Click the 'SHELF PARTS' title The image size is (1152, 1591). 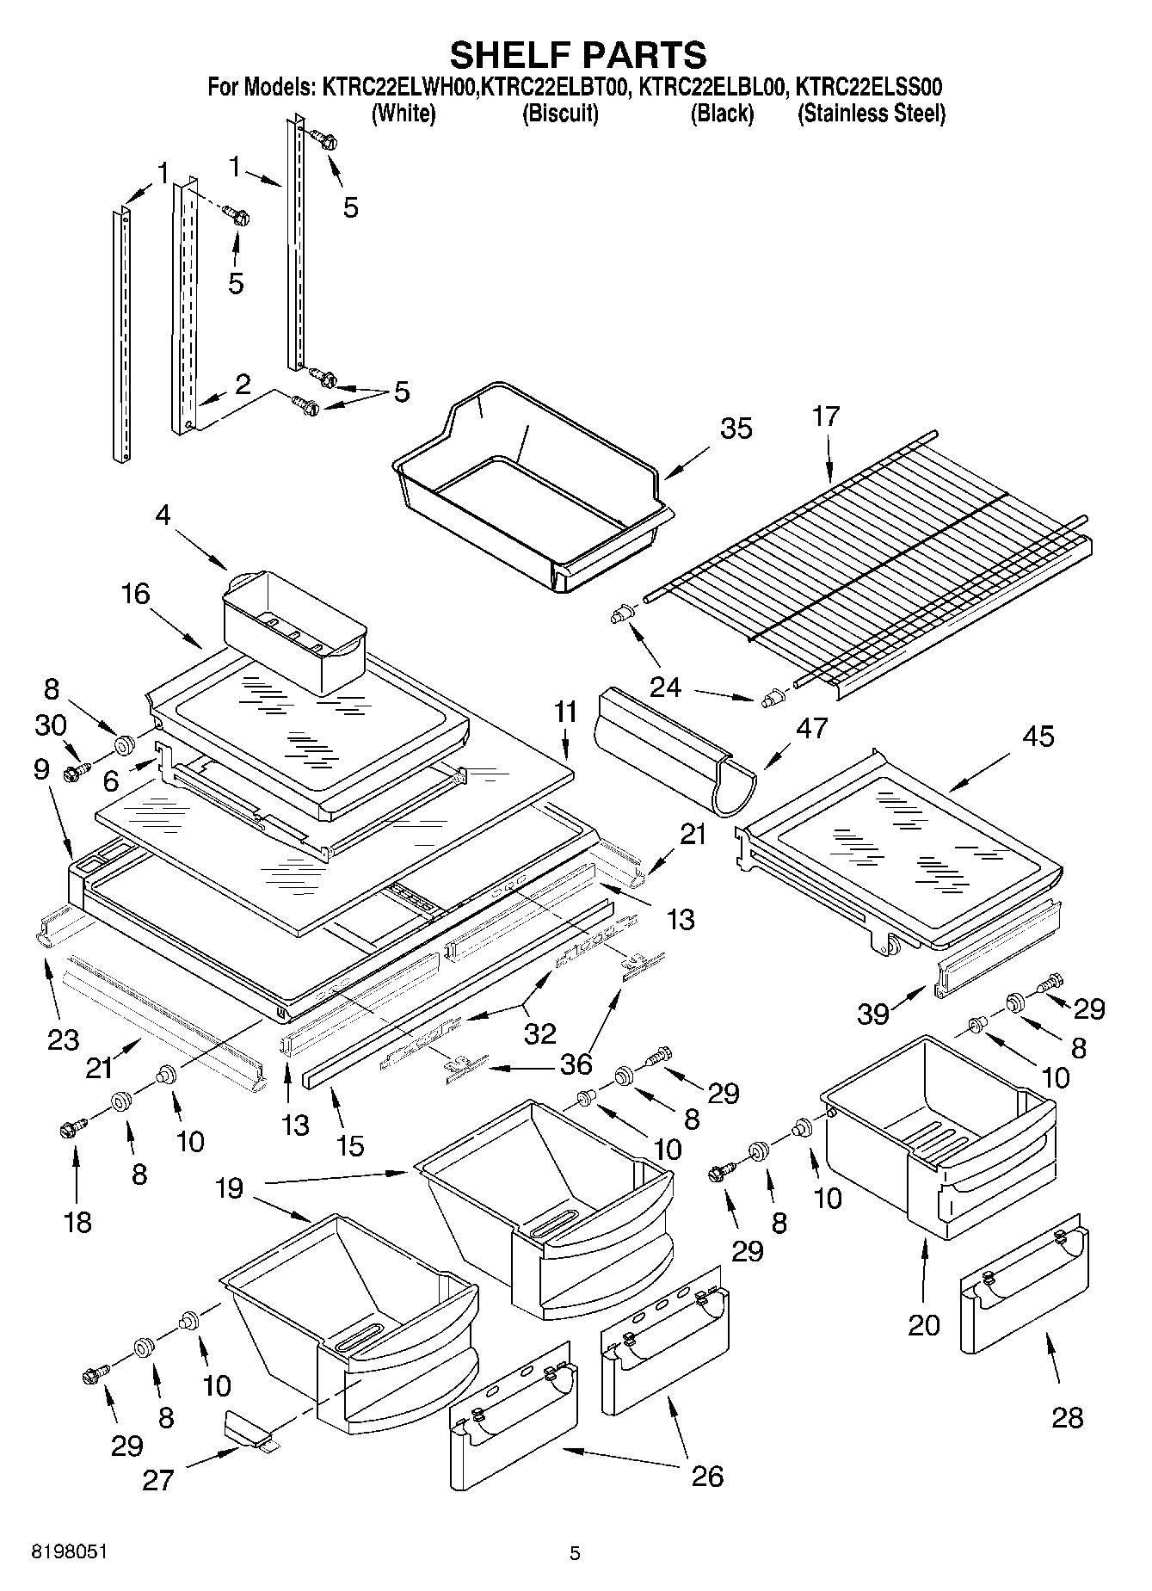coord(577,55)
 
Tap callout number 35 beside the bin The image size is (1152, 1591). coord(736,428)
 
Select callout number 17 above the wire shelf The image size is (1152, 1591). coord(825,416)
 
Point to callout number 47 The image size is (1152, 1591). coord(811,728)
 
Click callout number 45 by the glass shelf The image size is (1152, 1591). coord(1038,737)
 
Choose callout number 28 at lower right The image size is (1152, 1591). coord(1067,1416)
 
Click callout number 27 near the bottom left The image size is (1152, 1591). coord(158,1480)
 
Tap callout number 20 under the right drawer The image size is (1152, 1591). coord(924,1324)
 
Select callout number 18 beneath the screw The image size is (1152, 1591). coord(77,1221)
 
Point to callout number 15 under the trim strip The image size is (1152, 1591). coord(350,1145)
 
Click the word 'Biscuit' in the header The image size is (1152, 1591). coord(560,114)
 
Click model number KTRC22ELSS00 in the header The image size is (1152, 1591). coord(869,87)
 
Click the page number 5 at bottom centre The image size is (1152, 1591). coord(575,1553)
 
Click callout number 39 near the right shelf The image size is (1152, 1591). coord(872,1014)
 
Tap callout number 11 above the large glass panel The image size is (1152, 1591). coord(564,712)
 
